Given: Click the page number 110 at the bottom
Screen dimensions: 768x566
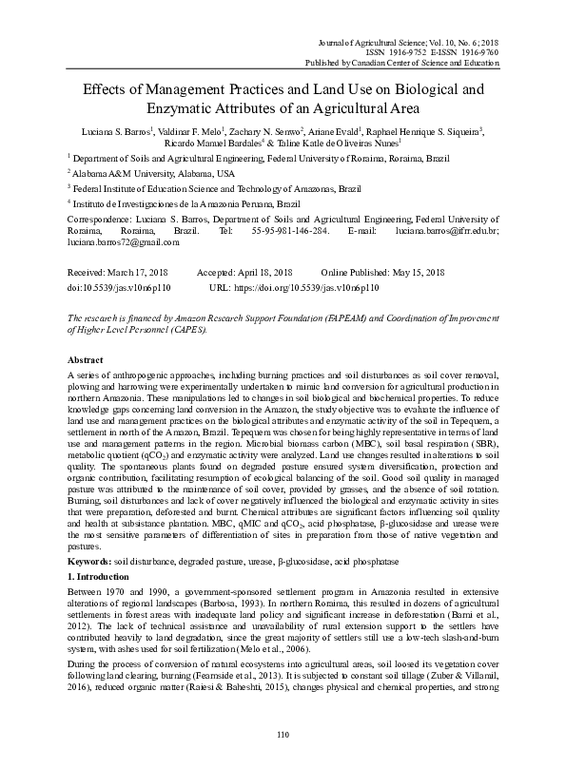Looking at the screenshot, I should [282, 735].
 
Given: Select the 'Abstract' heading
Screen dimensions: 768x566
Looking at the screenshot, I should [88, 361].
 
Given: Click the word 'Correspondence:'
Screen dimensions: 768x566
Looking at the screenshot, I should [102, 218].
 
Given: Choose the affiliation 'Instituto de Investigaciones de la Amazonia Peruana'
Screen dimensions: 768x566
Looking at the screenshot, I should [187, 203].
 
